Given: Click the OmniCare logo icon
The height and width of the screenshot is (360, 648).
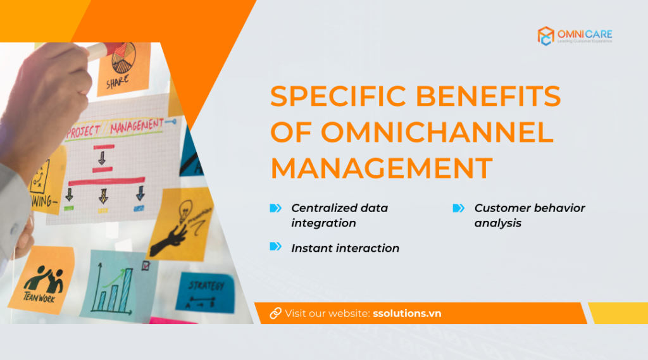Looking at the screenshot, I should coord(545,36).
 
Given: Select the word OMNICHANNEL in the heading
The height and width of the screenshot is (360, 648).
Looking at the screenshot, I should coord(437,132).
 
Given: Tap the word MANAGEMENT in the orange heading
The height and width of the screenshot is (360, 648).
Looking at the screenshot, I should coord(382,168).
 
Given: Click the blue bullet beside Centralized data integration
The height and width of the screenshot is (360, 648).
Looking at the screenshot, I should coord(275,208).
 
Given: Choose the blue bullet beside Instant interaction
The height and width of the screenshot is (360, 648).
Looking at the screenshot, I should coord(275,247).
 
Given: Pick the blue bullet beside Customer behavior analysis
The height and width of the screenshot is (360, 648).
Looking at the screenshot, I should coord(459,208).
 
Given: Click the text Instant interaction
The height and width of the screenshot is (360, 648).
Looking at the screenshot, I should coord(345,248).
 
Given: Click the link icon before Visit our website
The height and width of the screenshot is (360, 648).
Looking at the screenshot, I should coord(275,313).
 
